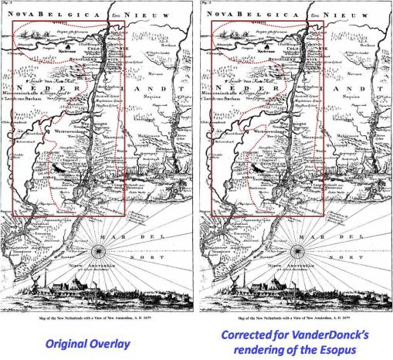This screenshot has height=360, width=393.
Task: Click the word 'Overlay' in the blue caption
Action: tap(126, 341)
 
